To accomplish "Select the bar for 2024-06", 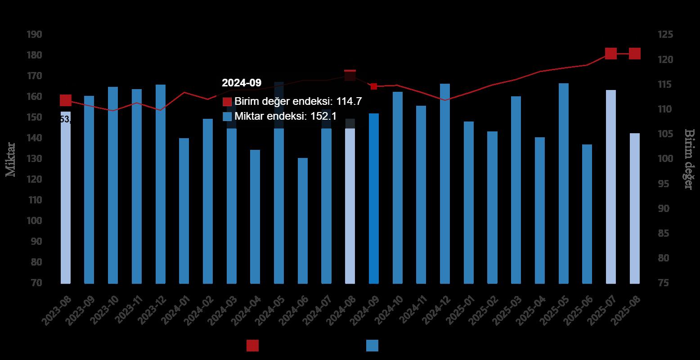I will coord(302,220).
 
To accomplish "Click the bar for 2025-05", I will coord(564,183).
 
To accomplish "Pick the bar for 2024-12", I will coord(445,184).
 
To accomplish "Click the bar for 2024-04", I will coord(255,216).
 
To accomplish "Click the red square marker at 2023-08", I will coord(66,100).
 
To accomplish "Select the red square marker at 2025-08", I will coord(634,54).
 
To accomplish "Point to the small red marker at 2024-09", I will coord(374,86).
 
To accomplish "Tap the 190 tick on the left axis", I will coord(34,35).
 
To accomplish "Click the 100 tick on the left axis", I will coord(34,221).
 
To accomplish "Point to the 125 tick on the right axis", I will coord(665,35).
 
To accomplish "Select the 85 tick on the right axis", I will coord(665,234).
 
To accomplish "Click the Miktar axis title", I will coord(11,159).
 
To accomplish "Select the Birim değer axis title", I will coord(689,159).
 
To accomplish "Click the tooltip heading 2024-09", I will coord(242,83).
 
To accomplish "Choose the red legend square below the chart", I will coord(252,346).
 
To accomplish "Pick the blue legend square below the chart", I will coord(372,346).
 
